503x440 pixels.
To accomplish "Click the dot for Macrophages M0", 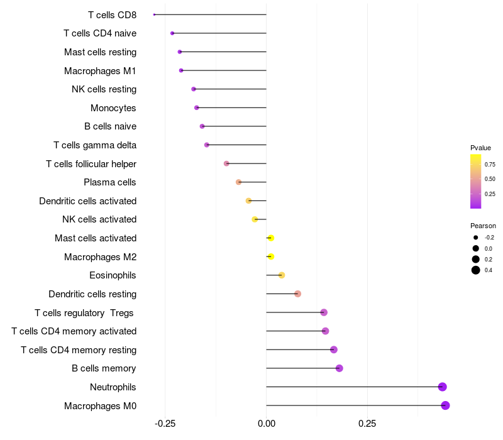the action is [445, 405].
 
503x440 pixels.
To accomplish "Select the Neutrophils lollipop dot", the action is [443, 387].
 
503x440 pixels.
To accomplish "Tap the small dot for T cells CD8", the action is [154, 14].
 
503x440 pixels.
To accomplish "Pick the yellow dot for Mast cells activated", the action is [271, 238].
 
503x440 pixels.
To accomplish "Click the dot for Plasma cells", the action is [239, 182].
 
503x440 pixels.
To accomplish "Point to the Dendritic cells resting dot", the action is [297, 294].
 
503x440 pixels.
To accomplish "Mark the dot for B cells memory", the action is [340, 368].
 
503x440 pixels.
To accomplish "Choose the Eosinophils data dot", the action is [282, 275].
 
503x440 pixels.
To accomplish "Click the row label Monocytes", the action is [113, 108].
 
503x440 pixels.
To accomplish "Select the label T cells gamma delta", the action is [95, 145].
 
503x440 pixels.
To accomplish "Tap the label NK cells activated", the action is [99, 219].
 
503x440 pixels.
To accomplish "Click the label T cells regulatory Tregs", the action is [84, 313].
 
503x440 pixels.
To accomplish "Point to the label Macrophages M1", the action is [100, 71].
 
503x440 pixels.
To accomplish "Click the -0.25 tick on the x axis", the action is [165, 424].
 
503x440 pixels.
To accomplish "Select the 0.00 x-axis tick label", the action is [266, 424].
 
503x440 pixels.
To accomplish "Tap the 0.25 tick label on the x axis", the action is [367, 424].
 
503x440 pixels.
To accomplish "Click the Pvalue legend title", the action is [480, 148].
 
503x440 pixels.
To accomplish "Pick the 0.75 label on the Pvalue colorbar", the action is [490, 165].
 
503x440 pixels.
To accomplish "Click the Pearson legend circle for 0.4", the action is [476, 270].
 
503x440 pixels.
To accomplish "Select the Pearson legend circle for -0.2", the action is [476, 238].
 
